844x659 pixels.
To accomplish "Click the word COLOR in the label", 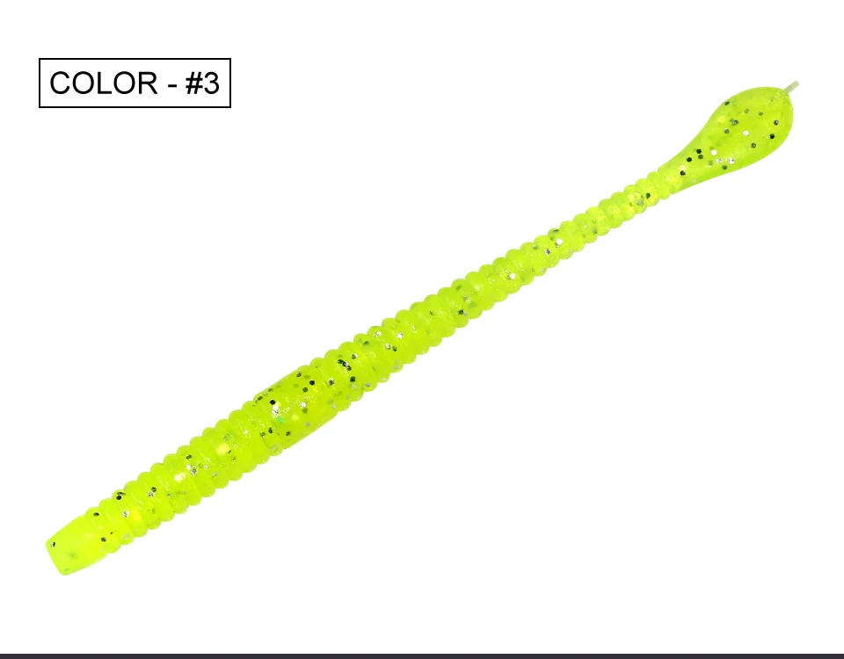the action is tap(104, 83).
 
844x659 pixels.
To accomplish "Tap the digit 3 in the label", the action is tap(211, 83).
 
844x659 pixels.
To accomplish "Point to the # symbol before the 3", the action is tap(193, 83).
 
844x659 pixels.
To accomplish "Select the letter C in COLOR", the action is tap(61, 83).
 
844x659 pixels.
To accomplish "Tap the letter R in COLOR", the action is tap(147, 83).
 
